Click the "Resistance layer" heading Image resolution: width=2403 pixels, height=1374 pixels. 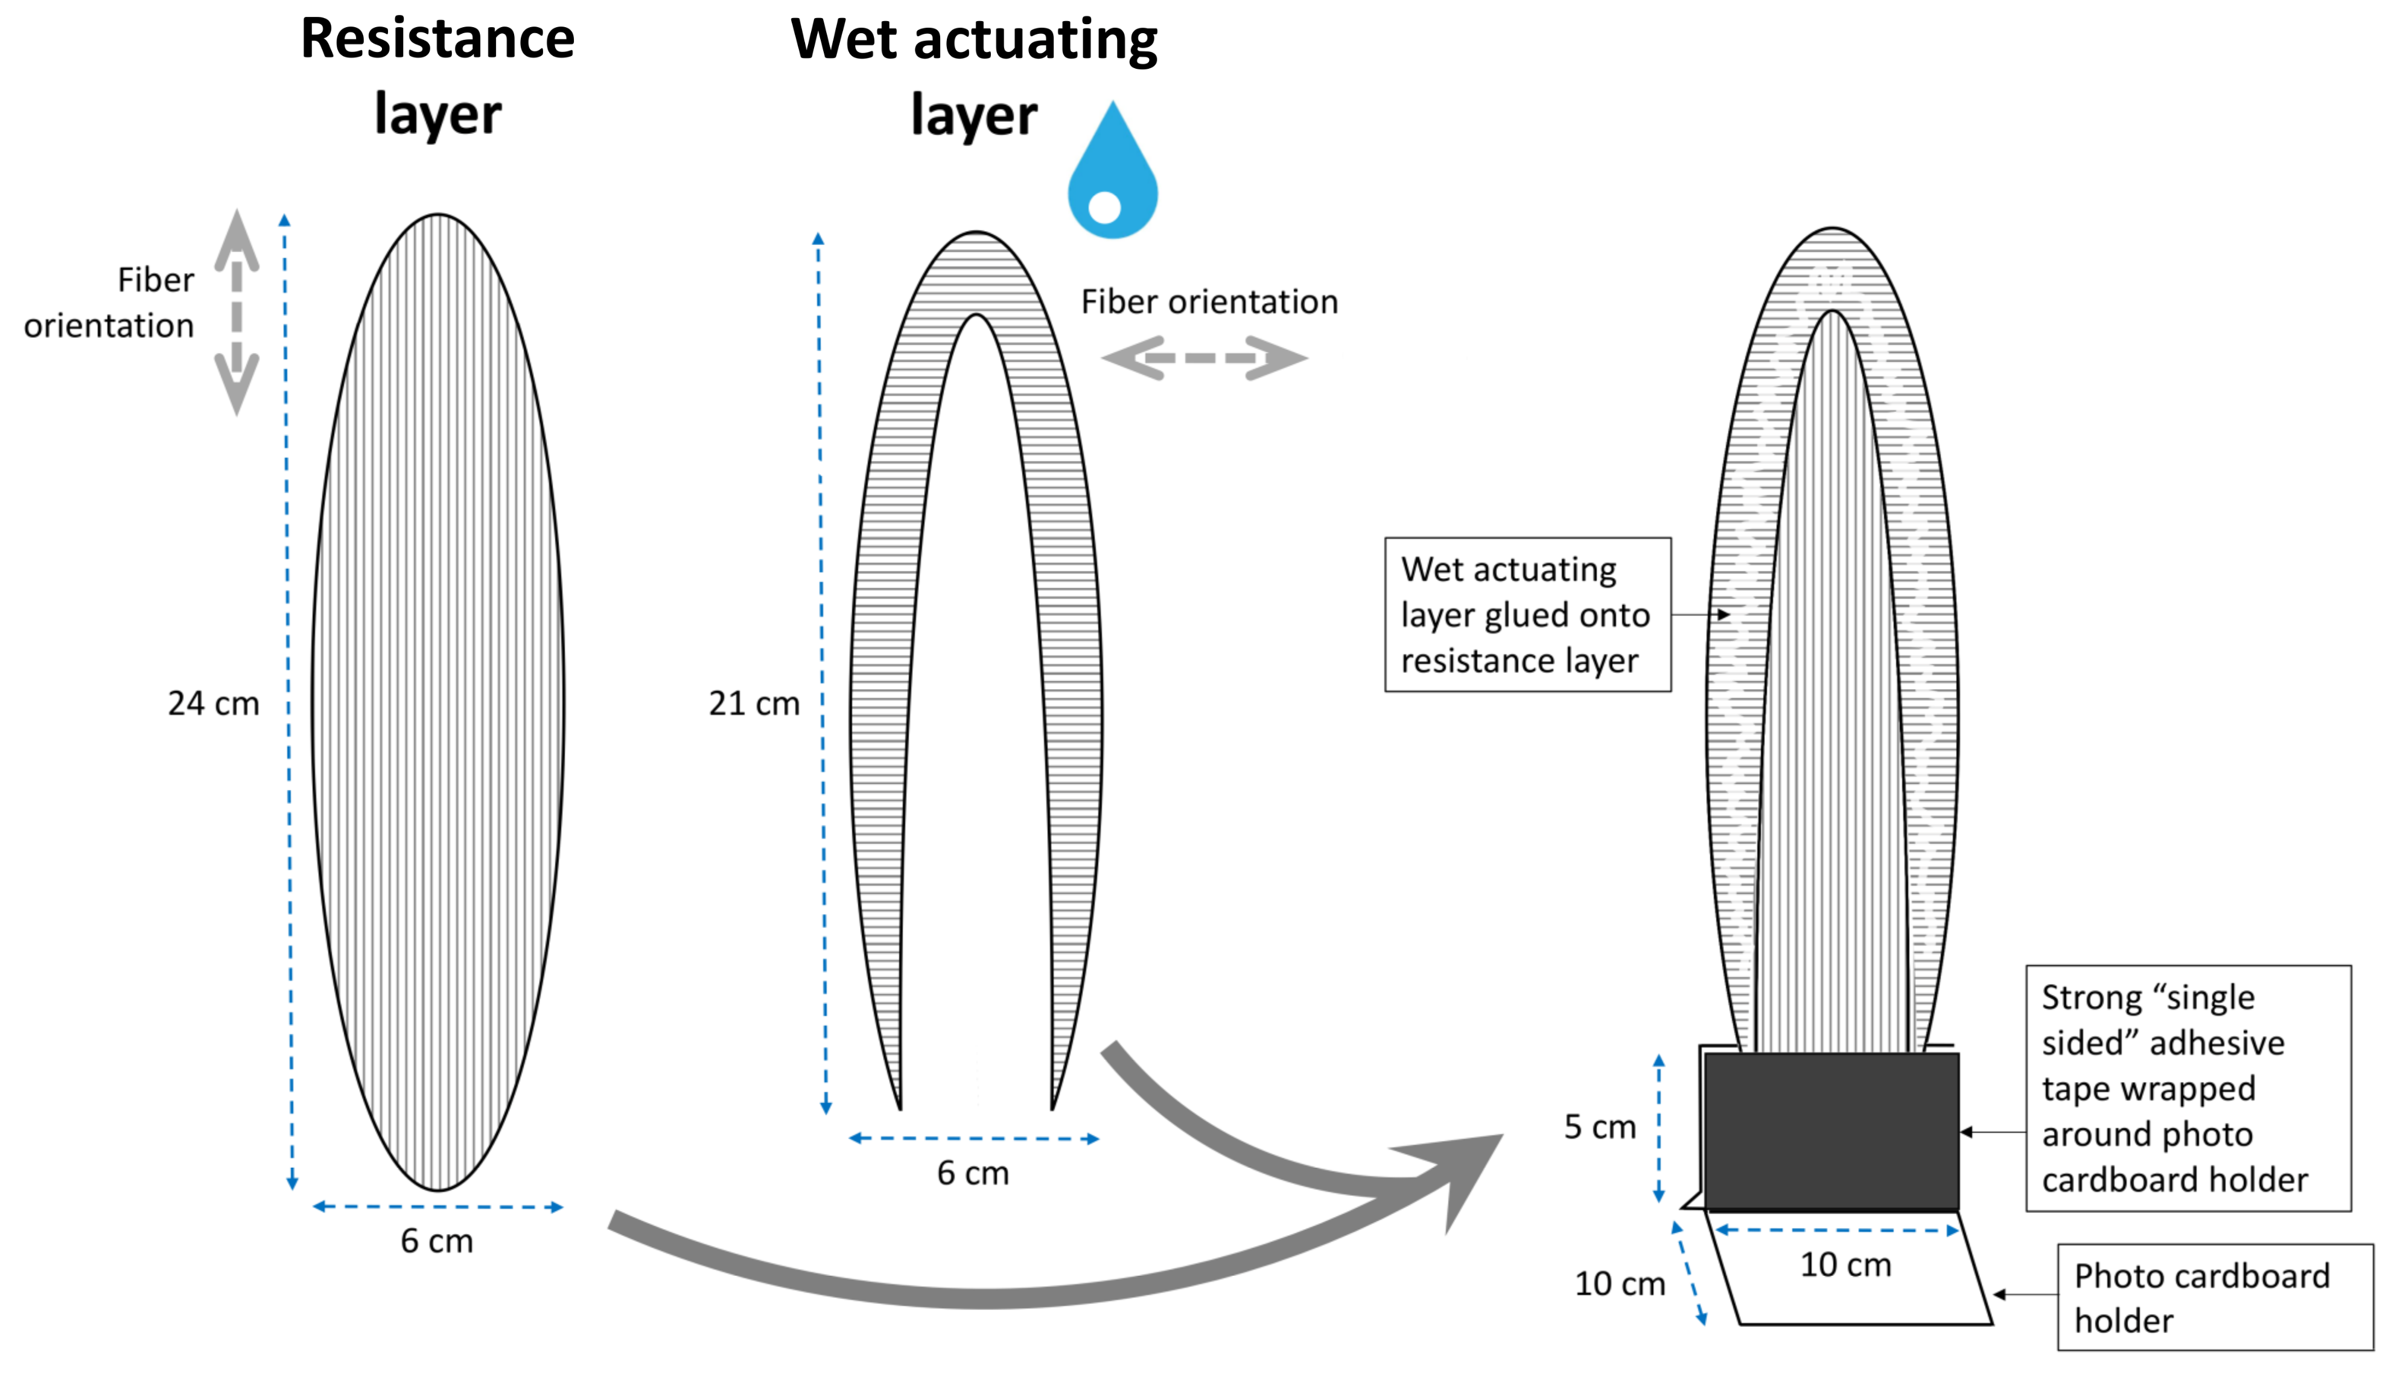438,75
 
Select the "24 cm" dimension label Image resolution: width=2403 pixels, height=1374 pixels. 213,703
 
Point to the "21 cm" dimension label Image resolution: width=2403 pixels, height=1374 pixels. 754,703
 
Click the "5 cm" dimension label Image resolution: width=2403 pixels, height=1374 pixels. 1599,1127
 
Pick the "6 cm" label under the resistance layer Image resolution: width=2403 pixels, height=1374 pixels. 437,1241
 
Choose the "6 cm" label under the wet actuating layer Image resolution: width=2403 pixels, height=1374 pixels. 973,1173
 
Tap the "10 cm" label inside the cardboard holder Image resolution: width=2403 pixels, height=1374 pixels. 1845,1265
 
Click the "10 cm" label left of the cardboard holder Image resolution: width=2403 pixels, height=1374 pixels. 1619,1283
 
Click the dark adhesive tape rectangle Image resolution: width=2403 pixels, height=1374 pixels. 1832,1131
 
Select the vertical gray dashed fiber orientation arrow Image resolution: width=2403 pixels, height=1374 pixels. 237,311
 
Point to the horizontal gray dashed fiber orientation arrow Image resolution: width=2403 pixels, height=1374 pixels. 1205,358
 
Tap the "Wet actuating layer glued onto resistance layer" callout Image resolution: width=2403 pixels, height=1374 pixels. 1527,614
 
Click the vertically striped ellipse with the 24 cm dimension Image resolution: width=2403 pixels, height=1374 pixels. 438,703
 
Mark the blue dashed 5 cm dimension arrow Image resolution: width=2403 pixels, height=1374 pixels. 1658,1128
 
